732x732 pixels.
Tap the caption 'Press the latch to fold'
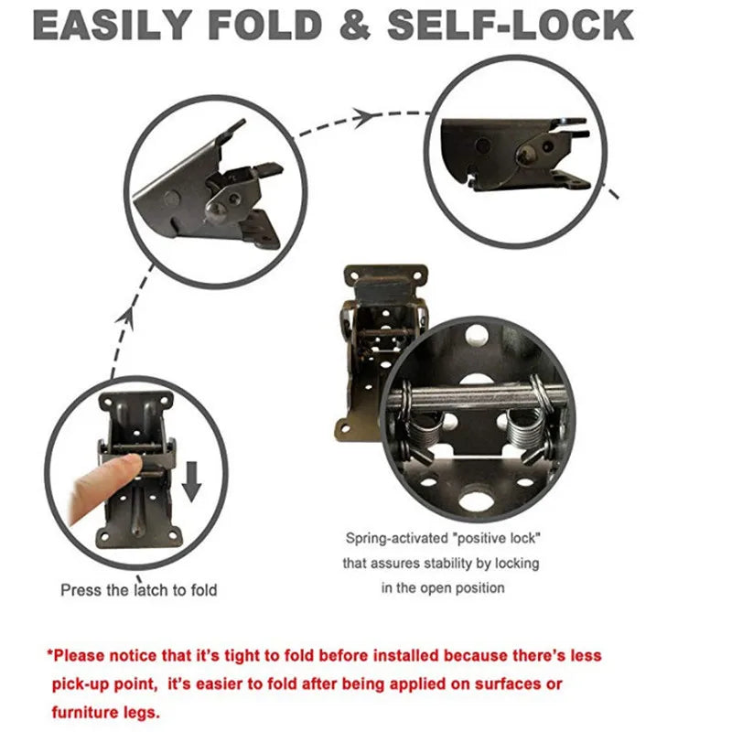click(x=139, y=590)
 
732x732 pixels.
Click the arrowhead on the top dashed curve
click(x=363, y=116)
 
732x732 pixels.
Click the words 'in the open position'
click(x=443, y=587)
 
